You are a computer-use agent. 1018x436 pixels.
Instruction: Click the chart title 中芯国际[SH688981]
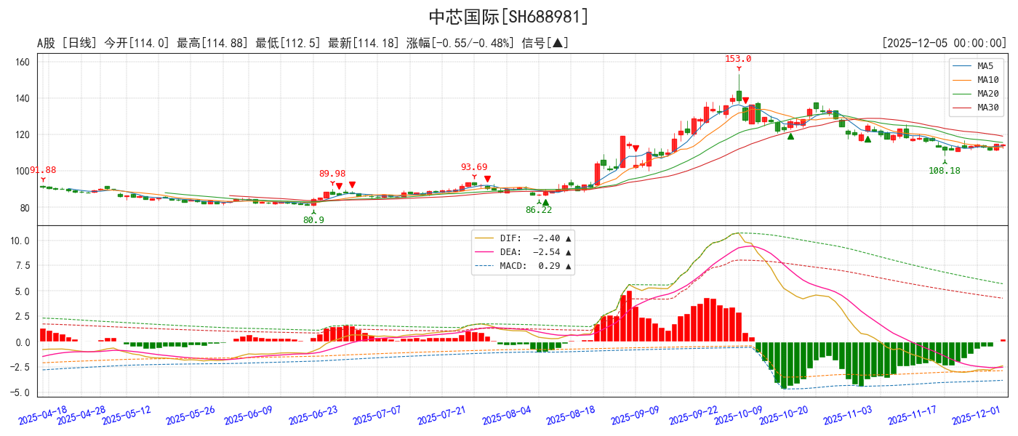(x=508, y=17)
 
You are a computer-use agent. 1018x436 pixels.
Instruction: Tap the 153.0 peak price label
(x=738, y=59)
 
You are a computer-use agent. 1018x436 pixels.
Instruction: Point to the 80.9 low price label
(x=313, y=220)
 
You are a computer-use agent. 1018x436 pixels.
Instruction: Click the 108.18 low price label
(x=945, y=171)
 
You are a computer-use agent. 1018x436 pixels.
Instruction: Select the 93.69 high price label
(x=474, y=167)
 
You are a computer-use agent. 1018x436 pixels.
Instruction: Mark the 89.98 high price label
(x=332, y=174)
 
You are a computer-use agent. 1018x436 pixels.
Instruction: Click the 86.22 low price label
(x=539, y=210)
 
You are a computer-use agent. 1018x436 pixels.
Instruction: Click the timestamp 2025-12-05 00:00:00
(x=943, y=44)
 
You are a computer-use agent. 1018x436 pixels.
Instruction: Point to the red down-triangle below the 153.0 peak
(x=745, y=101)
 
